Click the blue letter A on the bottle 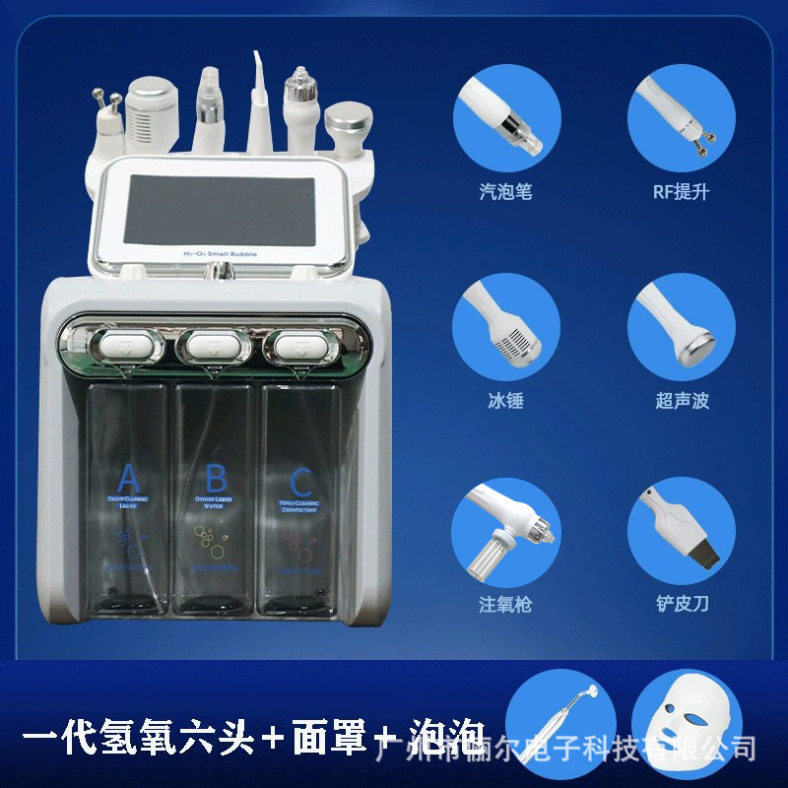pos(128,480)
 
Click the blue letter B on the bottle pos(216,480)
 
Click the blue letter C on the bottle pos(300,482)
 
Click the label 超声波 pos(681,401)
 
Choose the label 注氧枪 pos(505,604)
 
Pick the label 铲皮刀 pos(681,604)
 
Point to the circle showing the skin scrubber pos(682,530)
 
